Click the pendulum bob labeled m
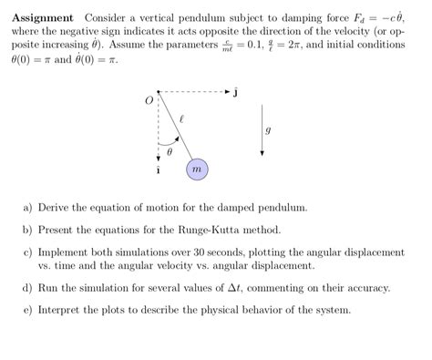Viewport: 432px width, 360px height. pos(197,169)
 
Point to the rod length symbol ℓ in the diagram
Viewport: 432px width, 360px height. pos(182,118)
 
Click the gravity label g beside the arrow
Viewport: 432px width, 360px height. pos(267,129)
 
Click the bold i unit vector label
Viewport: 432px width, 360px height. pos(159,170)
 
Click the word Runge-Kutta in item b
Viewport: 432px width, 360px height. pos(199,231)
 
